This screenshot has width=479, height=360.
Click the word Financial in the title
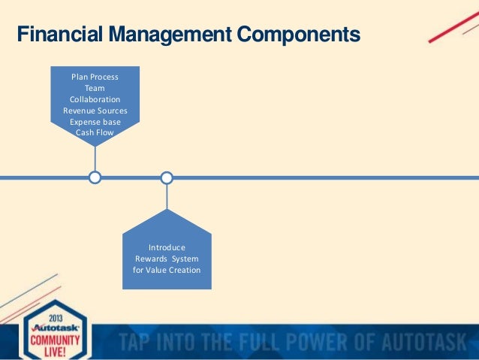(56, 35)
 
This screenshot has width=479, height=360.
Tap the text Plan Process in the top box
(94, 77)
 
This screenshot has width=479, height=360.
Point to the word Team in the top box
(95, 88)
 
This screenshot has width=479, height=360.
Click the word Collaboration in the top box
(95, 99)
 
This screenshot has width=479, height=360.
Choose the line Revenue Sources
(95, 110)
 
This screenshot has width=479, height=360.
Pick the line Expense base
(95, 122)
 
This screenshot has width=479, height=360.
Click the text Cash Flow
(95, 132)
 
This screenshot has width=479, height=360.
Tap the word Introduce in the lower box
(167, 247)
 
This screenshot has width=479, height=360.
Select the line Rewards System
(167, 259)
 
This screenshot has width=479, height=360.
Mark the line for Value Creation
(167, 270)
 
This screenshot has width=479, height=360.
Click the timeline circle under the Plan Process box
(95, 178)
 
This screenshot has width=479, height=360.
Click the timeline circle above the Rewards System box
(167, 178)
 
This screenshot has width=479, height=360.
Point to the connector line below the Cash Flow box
(95, 159)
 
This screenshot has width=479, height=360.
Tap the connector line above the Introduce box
(167, 197)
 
